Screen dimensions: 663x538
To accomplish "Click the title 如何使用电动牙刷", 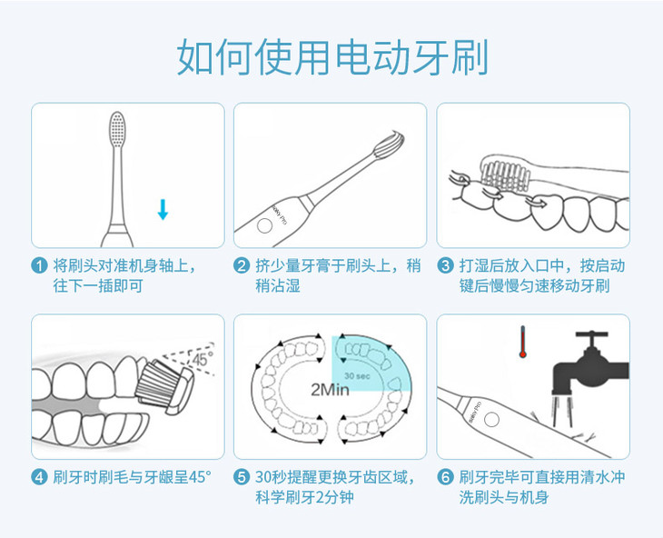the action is [x=332, y=56].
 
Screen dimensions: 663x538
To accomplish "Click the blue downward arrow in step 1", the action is [x=163, y=209].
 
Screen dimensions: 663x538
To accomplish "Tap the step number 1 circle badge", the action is [x=39, y=266].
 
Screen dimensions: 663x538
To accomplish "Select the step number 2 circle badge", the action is [x=242, y=266].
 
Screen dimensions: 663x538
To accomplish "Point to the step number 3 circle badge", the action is [x=445, y=266].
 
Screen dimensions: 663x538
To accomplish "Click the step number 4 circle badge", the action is [x=39, y=477].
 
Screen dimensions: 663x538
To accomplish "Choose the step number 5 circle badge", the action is [x=242, y=477].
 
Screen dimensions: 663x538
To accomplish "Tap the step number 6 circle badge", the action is [x=445, y=477].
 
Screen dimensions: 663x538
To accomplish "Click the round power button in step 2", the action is [x=264, y=226].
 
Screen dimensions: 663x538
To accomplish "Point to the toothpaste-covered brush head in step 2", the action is [x=389, y=145].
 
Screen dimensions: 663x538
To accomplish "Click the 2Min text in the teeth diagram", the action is [x=331, y=390].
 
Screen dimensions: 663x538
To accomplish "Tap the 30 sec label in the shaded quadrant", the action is [x=357, y=375].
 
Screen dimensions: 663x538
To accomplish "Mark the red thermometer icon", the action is [x=522, y=342].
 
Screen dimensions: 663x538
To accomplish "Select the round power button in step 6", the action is [x=491, y=420].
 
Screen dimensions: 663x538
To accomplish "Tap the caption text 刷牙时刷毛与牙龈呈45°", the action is [x=132, y=477].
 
